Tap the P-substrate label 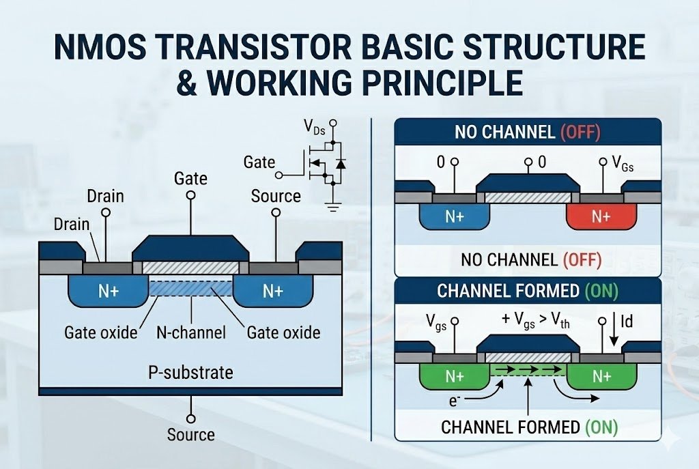point(190,373)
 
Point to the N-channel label point(191,332)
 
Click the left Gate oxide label point(101,332)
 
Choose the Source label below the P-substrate point(190,434)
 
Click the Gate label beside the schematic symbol point(259,162)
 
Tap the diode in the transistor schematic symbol point(341,164)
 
